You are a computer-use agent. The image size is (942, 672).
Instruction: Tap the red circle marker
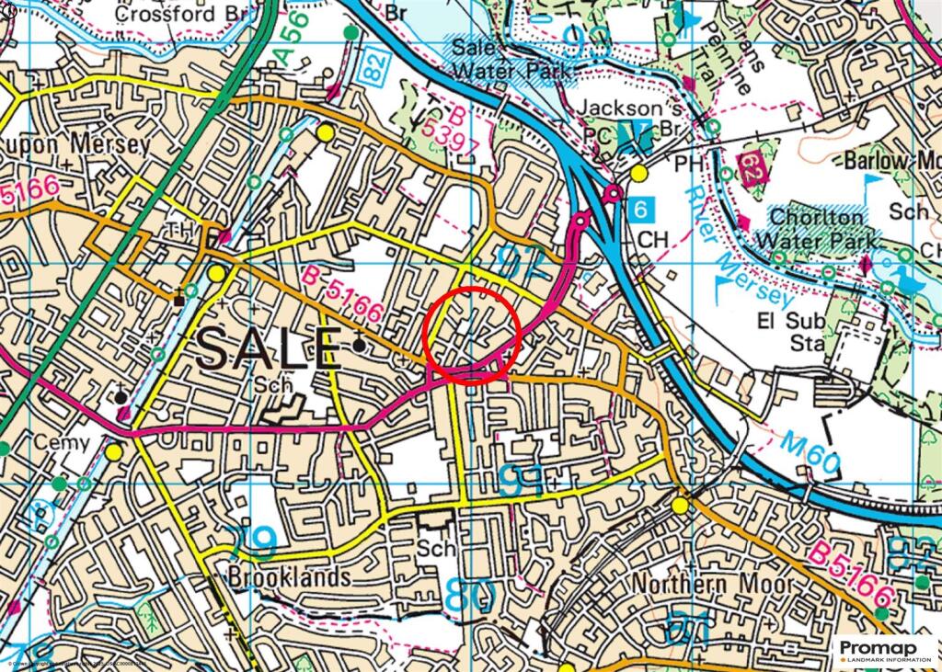pyautogui.click(x=472, y=334)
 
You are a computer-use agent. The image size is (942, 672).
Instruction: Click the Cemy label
pyautogui.click(x=62, y=443)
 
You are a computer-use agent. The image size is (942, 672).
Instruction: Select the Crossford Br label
pyautogui.click(x=180, y=14)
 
